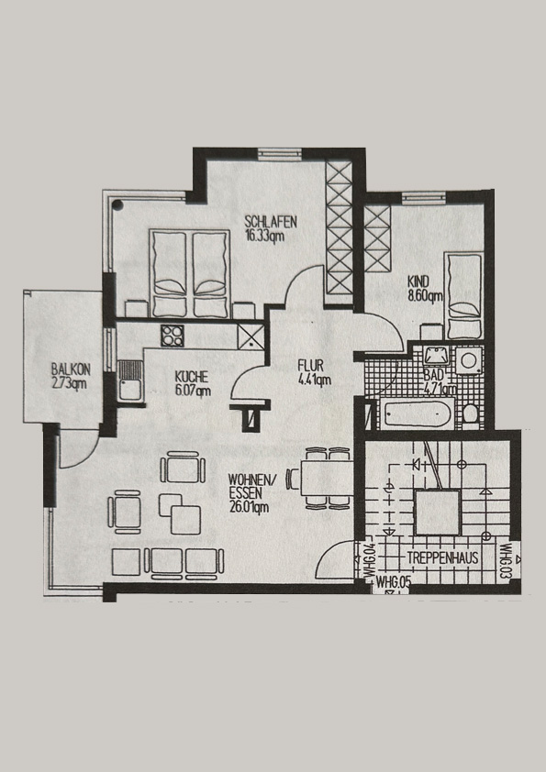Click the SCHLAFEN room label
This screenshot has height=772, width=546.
point(271,221)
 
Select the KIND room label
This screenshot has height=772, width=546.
point(418,282)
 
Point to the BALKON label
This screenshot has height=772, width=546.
point(71,369)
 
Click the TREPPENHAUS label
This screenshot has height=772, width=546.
point(443,557)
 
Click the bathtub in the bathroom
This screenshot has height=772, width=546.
point(417,414)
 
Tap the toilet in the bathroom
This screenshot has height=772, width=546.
point(472,413)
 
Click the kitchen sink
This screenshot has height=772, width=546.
point(129,380)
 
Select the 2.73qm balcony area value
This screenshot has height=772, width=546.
point(70,383)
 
